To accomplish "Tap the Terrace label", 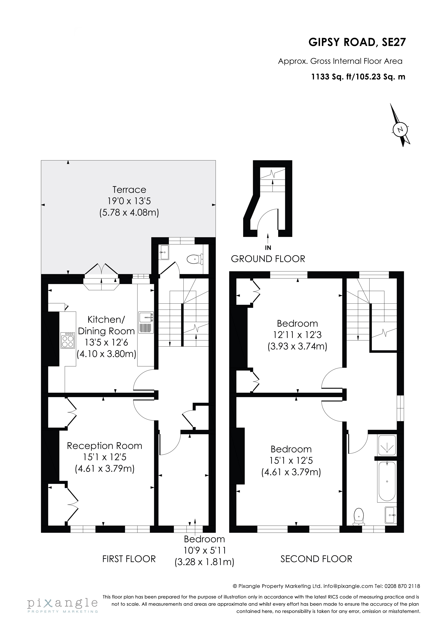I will click(x=129, y=190).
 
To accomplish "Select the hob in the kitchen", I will click(x=68, y=341).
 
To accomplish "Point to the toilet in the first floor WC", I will click(x=194, y=259).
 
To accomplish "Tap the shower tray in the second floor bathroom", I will click(x=387, y=445).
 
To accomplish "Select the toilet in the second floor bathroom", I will click(x=359, y=516).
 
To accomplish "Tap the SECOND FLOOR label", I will click(x=316, y=559).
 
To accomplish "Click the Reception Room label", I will click(x=105, y=446).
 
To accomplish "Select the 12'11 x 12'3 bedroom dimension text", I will click(x=297, y=335).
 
